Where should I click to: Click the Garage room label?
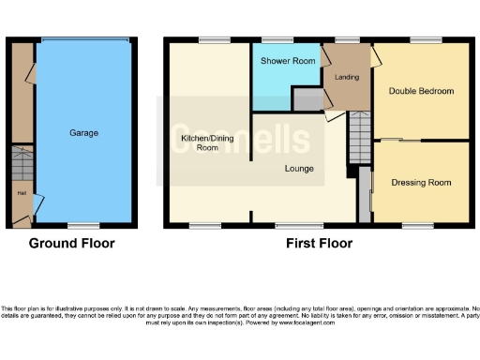83,133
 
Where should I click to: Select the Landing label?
347,76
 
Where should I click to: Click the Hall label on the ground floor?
20,194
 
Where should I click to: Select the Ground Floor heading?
71,243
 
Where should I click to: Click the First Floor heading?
320,243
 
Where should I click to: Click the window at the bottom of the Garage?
84,225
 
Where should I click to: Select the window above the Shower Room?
277,39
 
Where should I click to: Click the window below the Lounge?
292,225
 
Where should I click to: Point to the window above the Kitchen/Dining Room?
213,39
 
